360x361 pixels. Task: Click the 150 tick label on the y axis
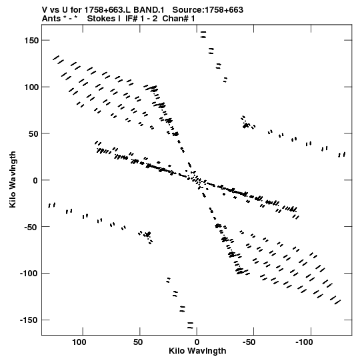pos(31,41)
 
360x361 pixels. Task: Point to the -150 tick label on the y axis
pos(29,320)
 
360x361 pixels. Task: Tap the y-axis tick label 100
pos(31,87)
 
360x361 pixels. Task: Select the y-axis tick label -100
pos(29,274)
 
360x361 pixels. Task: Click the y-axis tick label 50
pos(33,133)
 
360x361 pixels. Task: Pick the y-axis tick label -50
pos(31,227)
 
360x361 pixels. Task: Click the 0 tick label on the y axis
pos(35,180)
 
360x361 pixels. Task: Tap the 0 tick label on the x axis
pos(197,342)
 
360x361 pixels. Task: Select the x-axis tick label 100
pos(79,342)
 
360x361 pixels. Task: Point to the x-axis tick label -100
pos(304,342)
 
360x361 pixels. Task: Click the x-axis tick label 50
pos(137,342)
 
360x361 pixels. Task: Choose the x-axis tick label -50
pos(249,342)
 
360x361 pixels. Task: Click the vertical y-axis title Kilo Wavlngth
pos(13,179)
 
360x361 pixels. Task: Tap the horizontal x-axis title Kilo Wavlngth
pos(197,351)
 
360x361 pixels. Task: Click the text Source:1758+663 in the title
pos(208,10)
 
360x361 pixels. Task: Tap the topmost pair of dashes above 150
pos(203,35)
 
